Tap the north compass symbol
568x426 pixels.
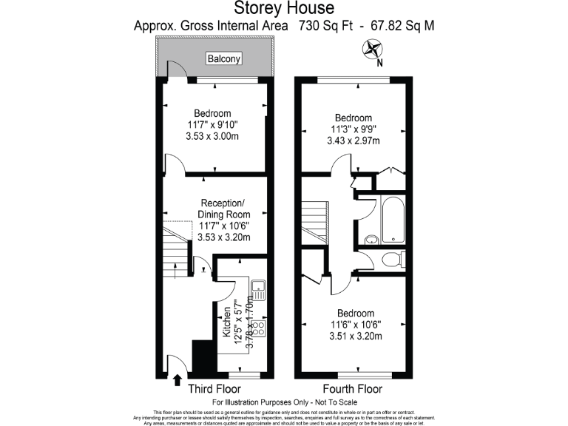click(372, 50)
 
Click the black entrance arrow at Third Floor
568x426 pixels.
click(177, 380)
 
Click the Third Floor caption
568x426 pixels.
click(215, 389)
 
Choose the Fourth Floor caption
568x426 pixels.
click(352, 389)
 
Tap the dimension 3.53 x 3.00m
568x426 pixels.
click(212, 137)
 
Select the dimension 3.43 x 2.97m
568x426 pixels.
click(353, 141)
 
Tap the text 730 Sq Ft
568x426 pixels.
click(327, 26)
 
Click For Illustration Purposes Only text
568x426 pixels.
click(284, 402)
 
